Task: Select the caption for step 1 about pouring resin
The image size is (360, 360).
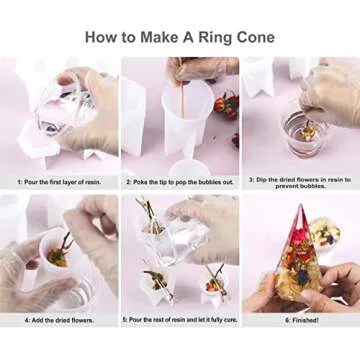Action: tap(60, 182)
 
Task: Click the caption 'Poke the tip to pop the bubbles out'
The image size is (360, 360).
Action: tap(180, 182)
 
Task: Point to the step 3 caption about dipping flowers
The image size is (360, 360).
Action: tap(300, 182)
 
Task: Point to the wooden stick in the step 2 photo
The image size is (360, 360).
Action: tap(183, 100)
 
